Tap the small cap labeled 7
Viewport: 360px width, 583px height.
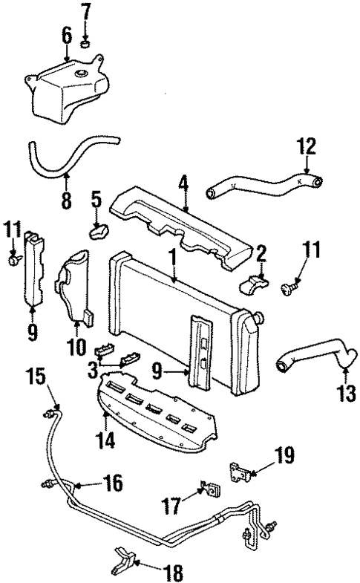point(86,44)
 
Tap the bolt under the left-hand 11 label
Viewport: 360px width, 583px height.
point(12,261)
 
